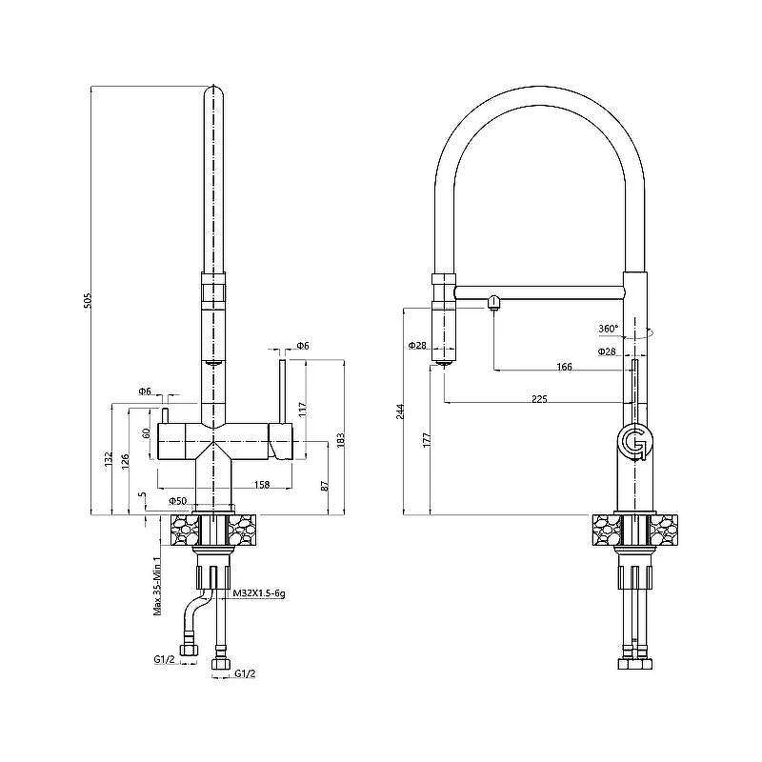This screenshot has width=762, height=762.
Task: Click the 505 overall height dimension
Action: coord(88,301)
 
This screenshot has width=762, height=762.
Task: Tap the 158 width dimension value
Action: coord(262,485)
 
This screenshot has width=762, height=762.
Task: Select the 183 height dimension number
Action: coord(341,440)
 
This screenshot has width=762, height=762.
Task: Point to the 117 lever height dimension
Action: coord(301,411)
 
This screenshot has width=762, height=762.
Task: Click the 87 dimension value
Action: coord(325,485)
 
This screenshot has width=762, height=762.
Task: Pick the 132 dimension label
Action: coord(108,460)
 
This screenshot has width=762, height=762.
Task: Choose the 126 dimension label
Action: coord(125,462)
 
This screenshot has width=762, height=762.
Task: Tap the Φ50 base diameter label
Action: coord(178,501)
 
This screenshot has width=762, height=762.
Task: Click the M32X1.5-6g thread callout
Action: coord(259,593)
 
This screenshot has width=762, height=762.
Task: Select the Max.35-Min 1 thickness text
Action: coord(157,587)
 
